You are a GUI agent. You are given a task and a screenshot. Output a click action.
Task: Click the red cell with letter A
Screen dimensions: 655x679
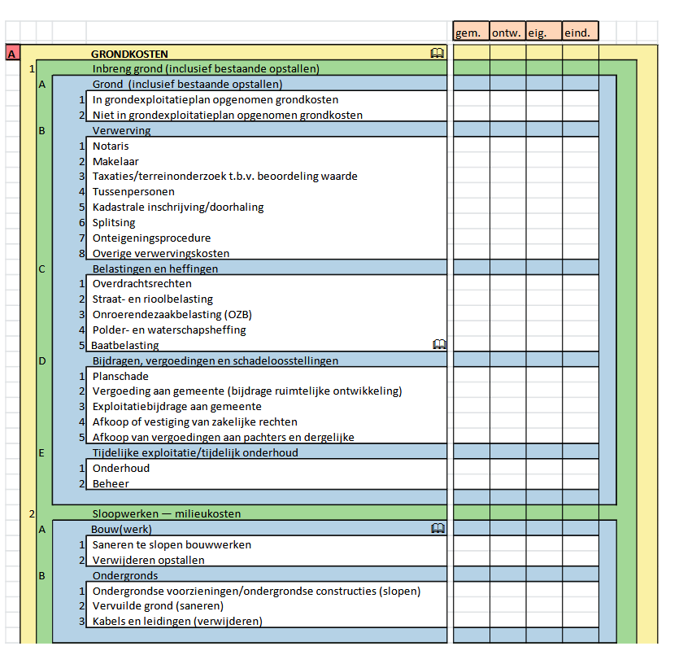coord(12,54)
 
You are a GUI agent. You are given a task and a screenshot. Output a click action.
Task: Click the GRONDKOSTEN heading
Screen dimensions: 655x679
coord(129,54)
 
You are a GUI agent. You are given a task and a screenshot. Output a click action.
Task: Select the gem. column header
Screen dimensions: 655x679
coord(472,33)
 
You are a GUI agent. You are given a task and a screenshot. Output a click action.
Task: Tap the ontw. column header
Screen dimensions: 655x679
coord(507,33)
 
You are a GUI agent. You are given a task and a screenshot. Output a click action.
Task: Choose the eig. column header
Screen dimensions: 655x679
coord(543,33)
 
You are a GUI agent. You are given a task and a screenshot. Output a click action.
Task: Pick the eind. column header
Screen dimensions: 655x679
coord(580,33)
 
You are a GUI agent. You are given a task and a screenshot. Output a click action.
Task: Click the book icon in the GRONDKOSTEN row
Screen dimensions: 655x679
coord(437,54)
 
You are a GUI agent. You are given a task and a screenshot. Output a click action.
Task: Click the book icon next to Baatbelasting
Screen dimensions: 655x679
coord(440,345)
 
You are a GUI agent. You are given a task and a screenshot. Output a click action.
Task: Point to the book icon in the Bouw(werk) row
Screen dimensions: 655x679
coord(437,529)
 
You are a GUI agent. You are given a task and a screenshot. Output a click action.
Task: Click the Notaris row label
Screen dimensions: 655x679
coord(111,146)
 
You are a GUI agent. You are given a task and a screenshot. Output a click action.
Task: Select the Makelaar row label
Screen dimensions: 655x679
coord(115,161)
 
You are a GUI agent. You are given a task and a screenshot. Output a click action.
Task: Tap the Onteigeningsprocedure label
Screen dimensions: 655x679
coord(151,238)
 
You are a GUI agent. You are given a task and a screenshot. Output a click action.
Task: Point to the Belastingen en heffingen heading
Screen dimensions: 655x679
coord(155,269)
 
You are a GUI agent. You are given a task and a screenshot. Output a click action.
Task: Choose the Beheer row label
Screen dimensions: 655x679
coord(110,483)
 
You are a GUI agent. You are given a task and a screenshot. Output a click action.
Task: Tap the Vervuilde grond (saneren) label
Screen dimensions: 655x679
coord(158,605)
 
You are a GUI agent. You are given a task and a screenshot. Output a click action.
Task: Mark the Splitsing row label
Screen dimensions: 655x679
coord(114,222)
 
